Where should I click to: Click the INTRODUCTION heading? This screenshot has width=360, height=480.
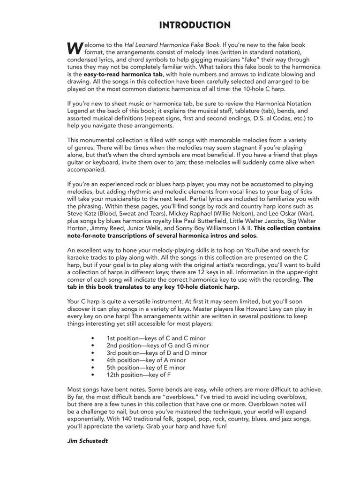pos(195,25)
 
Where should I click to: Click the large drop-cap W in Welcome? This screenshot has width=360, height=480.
pos(74,47)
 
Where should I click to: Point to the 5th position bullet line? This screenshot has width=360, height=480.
pos(145,367)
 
